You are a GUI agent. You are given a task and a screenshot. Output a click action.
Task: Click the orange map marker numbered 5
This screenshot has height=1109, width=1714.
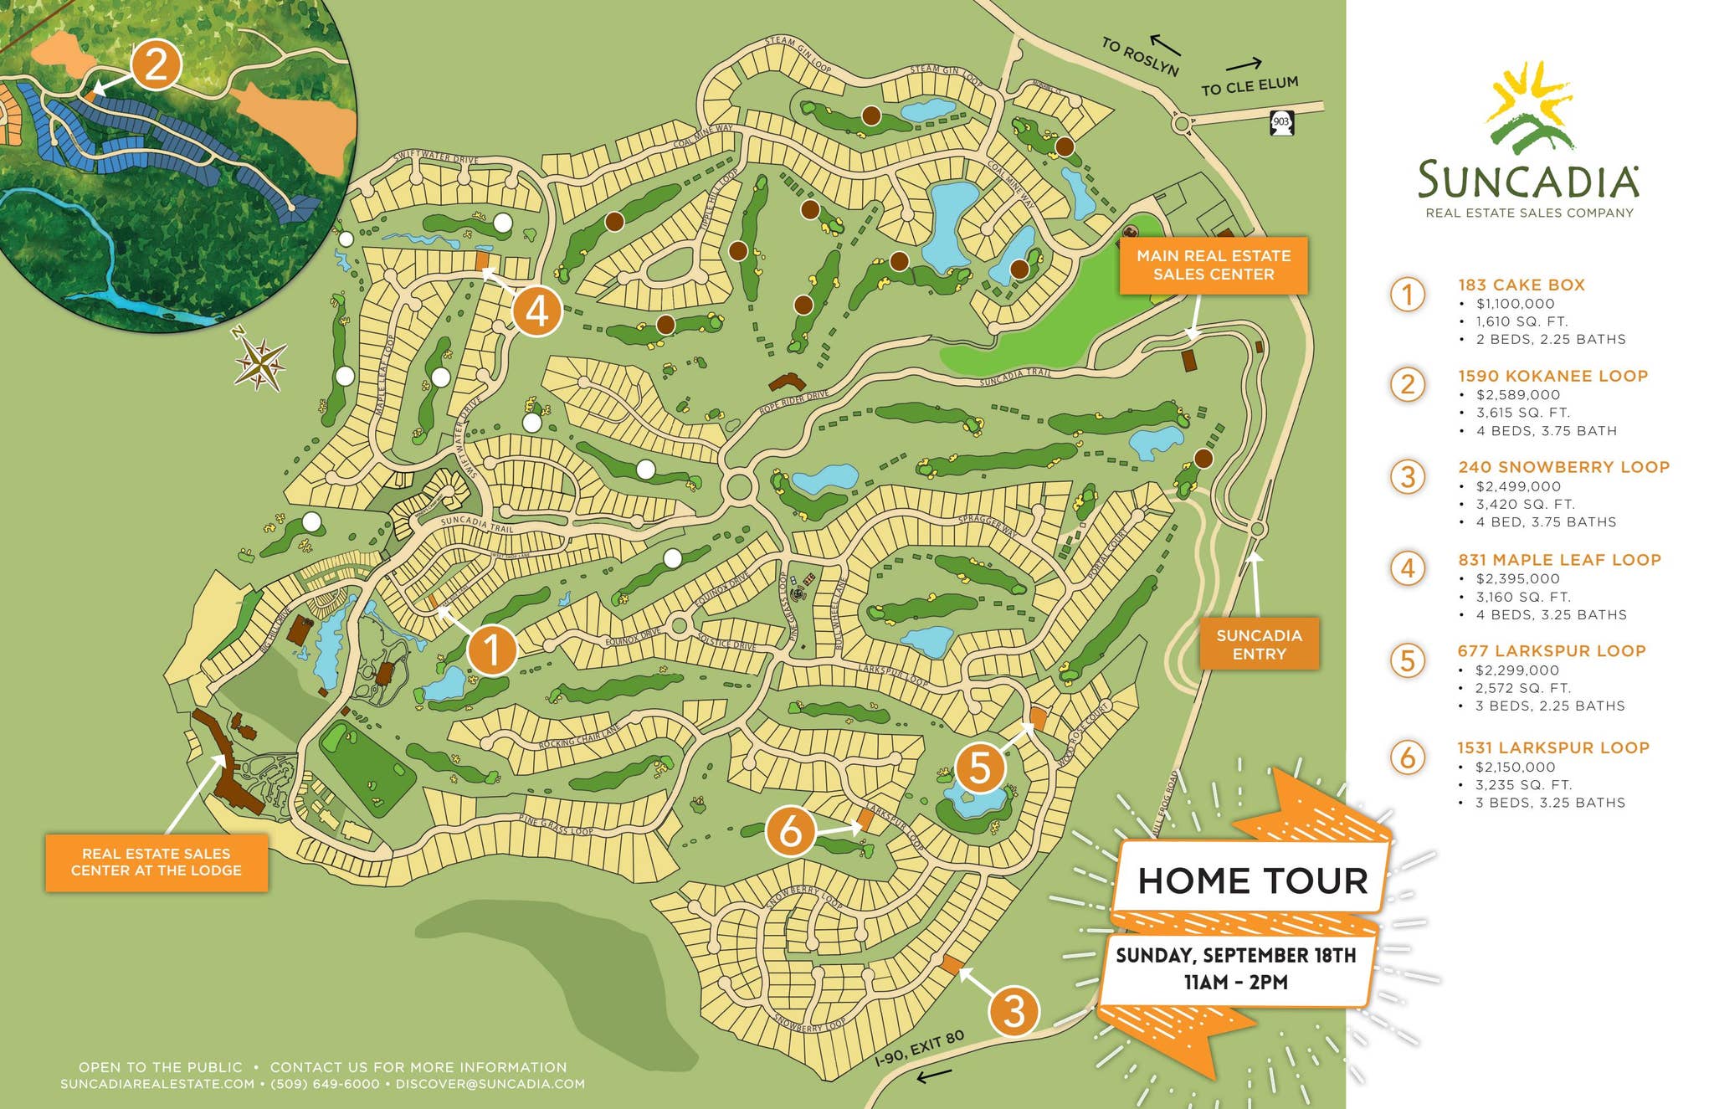coord(979,768)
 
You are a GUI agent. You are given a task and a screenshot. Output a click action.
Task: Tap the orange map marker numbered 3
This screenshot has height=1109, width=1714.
coord(1014,1011)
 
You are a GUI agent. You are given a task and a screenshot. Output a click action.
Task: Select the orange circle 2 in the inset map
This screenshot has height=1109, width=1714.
coord(157,64)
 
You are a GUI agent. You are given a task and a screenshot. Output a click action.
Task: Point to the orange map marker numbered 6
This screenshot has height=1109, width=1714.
coord(790,831)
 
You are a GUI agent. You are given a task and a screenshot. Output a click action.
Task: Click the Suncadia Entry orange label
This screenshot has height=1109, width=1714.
coord(1259,644)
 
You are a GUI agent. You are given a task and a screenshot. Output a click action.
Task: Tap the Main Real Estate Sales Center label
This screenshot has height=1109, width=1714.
coord(1213,265)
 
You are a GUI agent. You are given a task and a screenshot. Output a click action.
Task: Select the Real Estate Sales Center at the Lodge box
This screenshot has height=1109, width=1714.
coord(157,862)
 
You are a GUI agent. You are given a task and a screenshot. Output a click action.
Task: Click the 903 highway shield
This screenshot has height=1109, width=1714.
coord(1281,122)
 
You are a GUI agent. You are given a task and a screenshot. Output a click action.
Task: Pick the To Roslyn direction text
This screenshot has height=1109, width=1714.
coord(1139,57)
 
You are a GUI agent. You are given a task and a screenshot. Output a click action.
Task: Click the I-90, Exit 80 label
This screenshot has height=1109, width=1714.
coord(919,1047)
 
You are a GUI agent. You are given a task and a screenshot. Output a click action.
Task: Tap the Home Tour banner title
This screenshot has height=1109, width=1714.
coord(1252,881)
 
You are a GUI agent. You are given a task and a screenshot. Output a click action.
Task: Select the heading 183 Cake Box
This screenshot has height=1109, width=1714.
coord(1521,285)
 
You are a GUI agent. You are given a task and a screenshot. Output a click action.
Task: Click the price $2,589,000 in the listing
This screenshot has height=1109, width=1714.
coord(1517,395)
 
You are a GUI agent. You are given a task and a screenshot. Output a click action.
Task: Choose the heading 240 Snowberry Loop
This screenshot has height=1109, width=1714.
coord(1563,467)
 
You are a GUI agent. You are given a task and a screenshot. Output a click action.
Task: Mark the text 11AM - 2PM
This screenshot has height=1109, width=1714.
coord(1235,982)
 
